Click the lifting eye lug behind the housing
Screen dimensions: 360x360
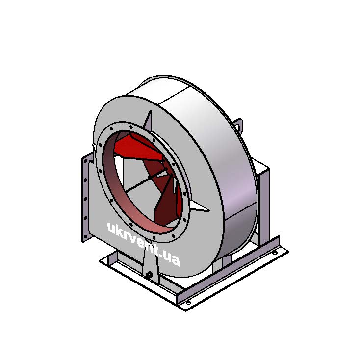point(239,125)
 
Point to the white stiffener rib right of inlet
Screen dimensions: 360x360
point(199,206)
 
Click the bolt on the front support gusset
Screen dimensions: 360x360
point(150,274)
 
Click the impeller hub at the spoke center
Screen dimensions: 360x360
point(150,178)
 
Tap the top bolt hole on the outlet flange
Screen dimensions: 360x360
point(85,162)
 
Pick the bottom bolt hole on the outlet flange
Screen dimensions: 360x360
point(85,236)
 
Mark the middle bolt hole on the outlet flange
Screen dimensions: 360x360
point(85,199)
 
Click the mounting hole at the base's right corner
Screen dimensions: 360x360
point(275,253)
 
